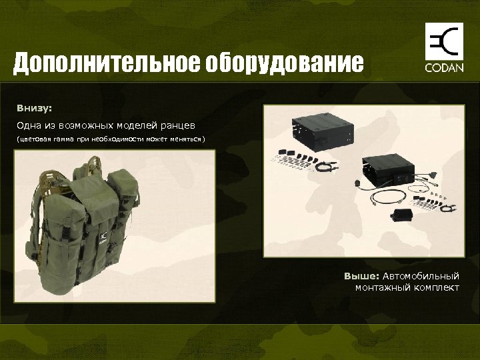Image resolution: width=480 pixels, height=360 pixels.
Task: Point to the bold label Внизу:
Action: (x=35, y=107)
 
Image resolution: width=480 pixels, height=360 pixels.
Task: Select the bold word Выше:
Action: (x=361, y=276)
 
